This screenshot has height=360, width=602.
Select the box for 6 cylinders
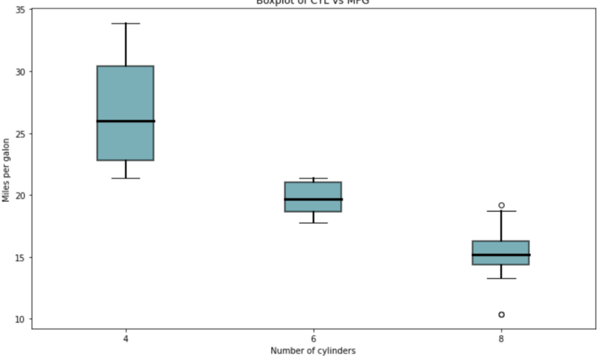313,191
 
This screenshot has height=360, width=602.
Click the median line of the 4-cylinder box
125,121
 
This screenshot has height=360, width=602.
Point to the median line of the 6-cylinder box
313,199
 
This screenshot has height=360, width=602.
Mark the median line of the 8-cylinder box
501,255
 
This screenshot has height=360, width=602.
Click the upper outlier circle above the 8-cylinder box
501,205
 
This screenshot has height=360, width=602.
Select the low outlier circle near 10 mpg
501,315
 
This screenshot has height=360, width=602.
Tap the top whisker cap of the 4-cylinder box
125,23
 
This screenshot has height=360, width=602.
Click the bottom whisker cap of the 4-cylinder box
125,178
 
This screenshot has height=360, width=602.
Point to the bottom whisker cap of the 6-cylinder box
313,223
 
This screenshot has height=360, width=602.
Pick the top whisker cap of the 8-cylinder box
501,211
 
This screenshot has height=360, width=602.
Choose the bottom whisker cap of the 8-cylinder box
501,278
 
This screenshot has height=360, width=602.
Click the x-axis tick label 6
313,338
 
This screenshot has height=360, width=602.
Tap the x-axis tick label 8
501,338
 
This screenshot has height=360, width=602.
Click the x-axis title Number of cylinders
313,351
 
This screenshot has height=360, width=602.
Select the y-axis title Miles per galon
6,170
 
